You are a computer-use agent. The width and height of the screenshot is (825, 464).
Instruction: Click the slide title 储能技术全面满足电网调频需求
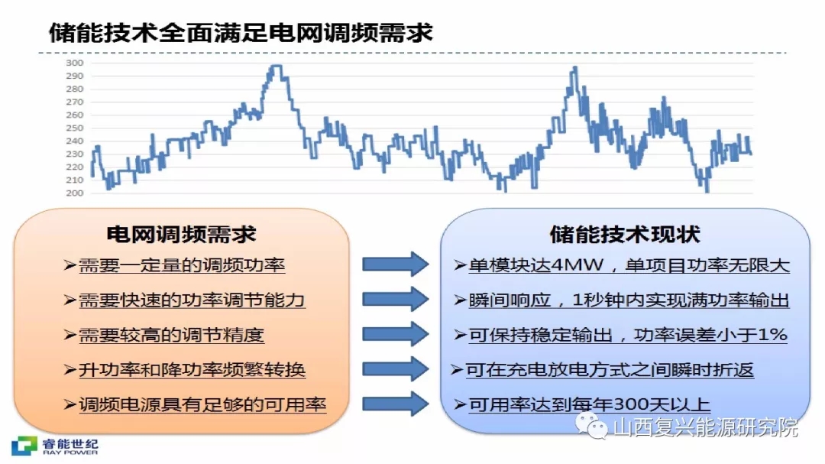pos(241,33)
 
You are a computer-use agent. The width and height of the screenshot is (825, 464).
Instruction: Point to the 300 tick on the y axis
pos(75,63)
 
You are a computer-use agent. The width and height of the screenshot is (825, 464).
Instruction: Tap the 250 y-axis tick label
pos(75,128)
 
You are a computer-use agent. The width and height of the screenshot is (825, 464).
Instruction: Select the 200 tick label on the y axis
pos(75,193)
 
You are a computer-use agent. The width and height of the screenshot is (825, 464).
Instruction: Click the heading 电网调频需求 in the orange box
pos(181,234)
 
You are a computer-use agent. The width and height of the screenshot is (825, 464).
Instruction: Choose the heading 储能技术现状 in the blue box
pos(625,235)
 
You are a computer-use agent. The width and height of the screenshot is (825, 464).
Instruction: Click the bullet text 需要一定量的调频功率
pos(182,265)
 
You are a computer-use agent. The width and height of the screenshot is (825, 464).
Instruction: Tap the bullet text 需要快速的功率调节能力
pos(192,300)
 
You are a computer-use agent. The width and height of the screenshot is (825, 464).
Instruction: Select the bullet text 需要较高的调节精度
pos(172,335)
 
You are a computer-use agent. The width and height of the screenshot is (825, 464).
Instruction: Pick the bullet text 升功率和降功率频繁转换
pos(192,369)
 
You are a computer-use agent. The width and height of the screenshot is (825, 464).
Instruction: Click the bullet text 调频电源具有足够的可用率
pos(202,404)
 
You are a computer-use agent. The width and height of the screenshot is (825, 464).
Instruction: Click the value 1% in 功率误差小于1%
pos(772,335)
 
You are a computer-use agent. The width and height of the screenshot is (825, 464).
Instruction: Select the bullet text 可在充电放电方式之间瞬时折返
pos(610,370)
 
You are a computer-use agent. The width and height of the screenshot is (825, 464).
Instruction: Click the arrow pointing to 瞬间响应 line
pos(396,299)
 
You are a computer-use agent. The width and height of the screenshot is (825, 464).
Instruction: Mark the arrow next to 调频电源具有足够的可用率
pos(396,404)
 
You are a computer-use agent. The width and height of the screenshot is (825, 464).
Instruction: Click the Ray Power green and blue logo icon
pos(24,446)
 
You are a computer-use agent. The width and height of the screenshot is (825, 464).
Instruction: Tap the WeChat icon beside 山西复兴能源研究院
pos(591,426)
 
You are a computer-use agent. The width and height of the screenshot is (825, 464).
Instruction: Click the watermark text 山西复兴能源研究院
pos(706,427)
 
